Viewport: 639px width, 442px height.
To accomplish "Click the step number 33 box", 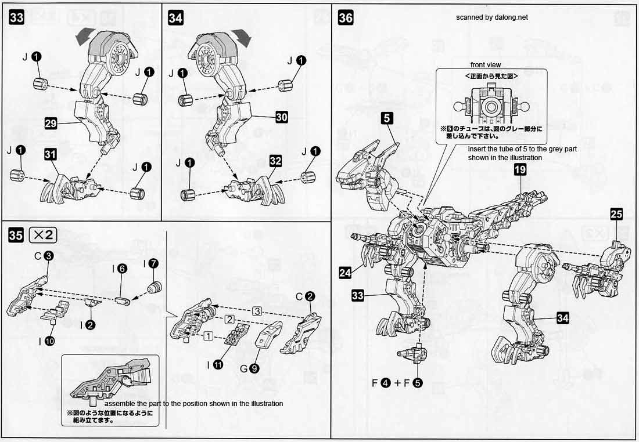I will [16, 18].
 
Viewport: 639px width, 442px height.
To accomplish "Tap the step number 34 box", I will [175, 18].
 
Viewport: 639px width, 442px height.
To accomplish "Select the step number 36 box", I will [346, 18].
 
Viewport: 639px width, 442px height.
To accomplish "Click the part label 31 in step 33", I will [51, 154].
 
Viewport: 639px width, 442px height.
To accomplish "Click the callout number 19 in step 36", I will [520, 169].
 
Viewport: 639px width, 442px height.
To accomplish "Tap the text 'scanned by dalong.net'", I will [492, 17].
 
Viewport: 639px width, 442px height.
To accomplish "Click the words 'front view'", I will [486, 65].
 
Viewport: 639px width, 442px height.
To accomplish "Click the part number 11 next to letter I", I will [218, 365].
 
